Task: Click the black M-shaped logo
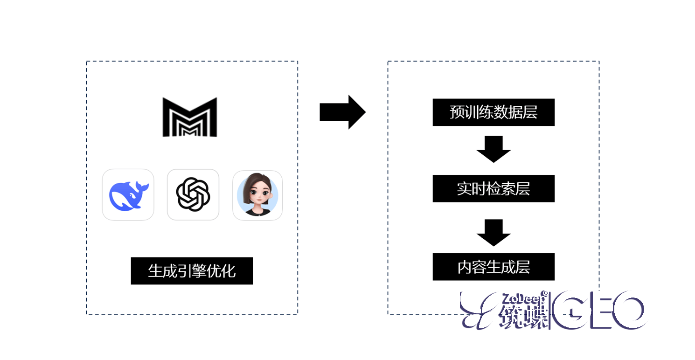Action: [190, 117]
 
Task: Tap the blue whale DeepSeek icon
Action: [128, 194]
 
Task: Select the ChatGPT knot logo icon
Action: [193, 194]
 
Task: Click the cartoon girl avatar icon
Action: [257, 195]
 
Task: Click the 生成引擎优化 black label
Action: [192, 271]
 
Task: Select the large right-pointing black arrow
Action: [342, 112]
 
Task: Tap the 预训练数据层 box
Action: [493, 112]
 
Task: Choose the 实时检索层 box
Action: [493, 189]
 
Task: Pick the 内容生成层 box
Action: [493, 267]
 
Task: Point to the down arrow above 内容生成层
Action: [493, 232]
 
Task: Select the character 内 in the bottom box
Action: [465, 267]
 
